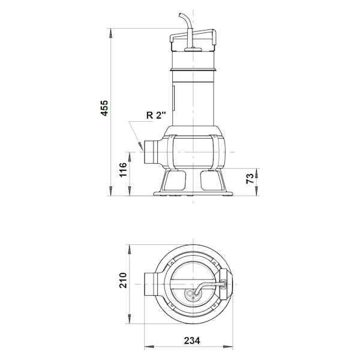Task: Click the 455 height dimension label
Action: click(104, 108)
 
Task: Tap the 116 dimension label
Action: click(123, 169)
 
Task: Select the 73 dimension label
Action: click(250, 179)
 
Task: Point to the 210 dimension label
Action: click(123, 280)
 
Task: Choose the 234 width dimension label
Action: click(192, 341)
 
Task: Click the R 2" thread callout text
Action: click(156, 115)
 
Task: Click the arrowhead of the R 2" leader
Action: click(140, 146)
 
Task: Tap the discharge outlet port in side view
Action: click(151, 152)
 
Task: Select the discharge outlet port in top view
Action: click(151, 284)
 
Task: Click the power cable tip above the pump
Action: click(181, 14)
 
